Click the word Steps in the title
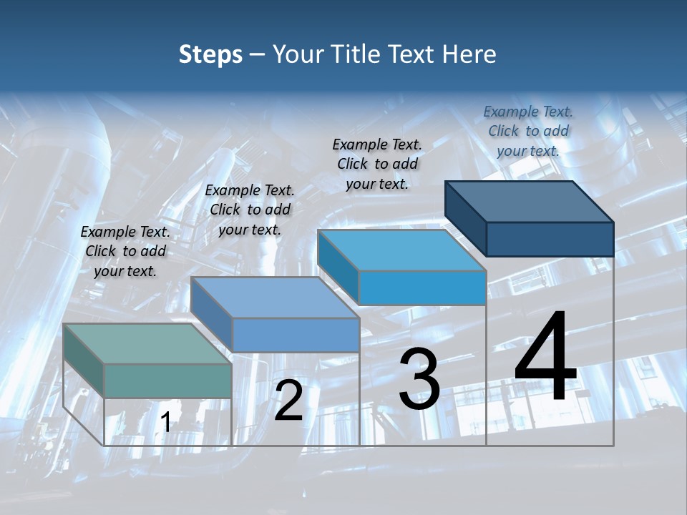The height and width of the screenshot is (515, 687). [x=210, y=54]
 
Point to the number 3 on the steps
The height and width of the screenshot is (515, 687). [x=419, y=378]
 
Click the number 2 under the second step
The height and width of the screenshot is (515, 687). [x=288, y=401]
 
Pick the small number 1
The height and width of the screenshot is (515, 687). [x=166, y=423]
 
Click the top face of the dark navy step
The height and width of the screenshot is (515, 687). [x=530, y=202]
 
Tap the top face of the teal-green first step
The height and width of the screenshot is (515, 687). [x=147, y=344]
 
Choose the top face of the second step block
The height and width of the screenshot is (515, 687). [x=275, y=298]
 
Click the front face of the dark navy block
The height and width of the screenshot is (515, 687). [x=550, y=239]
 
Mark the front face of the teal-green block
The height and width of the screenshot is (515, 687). [x=167, y=381]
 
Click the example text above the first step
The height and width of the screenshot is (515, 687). [x=125, y=251]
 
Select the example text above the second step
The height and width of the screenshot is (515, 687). [x=250, y=210]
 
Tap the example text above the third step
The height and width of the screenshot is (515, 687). [x=377, y=164]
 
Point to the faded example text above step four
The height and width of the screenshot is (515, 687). [x=528, y=131]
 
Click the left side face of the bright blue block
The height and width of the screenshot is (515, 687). [x=338, y=266]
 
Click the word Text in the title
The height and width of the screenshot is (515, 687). [x=417, y=54]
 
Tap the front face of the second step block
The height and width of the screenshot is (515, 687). [x=296, y=334]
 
